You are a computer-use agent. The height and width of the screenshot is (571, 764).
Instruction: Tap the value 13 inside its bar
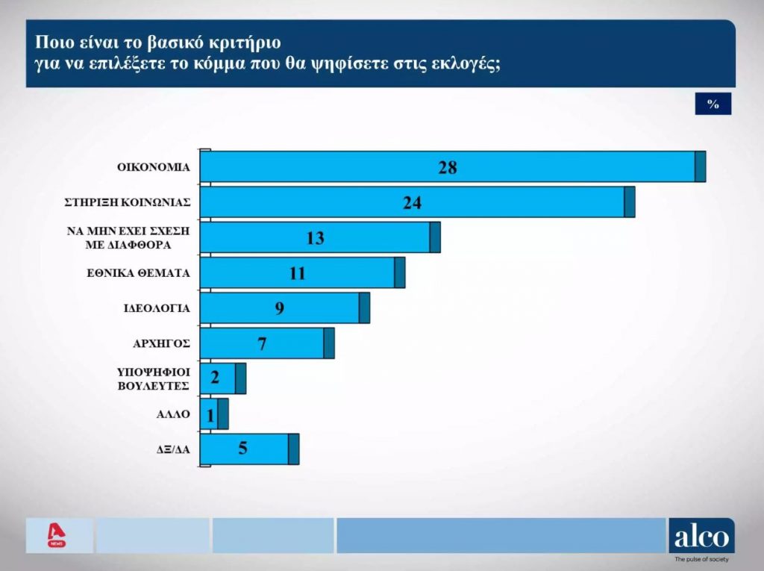point(315,238)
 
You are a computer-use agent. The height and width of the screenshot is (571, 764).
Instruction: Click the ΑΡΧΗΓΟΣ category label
point(161,343)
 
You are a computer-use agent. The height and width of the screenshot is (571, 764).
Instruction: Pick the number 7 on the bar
point(262,344)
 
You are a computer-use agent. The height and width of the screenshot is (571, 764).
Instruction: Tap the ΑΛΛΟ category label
point(174,413)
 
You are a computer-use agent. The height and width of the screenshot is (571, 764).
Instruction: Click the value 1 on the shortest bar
point(211,415)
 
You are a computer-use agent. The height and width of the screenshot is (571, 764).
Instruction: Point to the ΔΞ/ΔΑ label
point(171,449)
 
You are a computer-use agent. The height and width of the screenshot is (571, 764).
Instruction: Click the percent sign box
point(713,104)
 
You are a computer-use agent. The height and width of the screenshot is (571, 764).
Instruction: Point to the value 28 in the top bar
point(448,167)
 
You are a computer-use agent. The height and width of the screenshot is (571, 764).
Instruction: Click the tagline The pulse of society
point(701,559)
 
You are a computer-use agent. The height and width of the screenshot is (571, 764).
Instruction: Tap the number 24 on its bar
point(413,203)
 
